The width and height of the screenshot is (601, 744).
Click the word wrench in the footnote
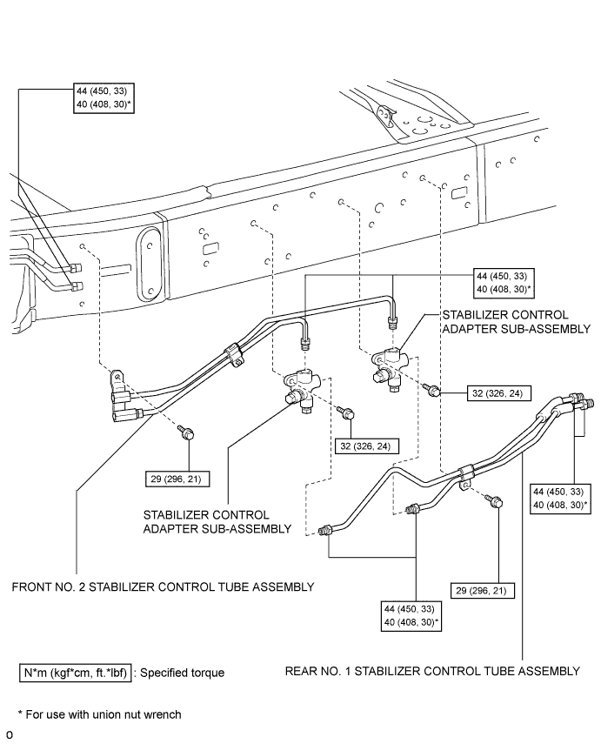pos(163,715)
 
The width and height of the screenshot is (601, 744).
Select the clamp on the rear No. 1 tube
pos(465,473)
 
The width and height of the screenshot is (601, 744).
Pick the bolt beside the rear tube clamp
pos(496,502)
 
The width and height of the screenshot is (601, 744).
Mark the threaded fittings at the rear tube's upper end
pos(579,400)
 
